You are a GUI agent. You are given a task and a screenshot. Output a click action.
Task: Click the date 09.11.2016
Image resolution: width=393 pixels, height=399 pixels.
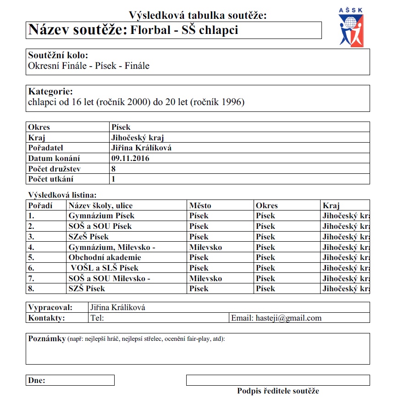(x=130, y=158)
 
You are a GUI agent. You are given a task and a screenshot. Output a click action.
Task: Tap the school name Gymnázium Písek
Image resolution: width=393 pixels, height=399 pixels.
(x=101, y=216)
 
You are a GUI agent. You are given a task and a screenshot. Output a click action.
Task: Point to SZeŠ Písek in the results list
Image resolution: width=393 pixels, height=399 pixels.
(x=89, y=237)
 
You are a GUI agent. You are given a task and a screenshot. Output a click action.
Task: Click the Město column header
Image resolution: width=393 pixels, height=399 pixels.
(x=200, y=205)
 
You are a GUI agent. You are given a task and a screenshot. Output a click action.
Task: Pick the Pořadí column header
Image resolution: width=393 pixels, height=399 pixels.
(x=40, y=205)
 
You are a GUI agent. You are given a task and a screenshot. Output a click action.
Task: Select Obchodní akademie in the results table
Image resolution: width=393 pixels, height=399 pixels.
(x=105, y=257)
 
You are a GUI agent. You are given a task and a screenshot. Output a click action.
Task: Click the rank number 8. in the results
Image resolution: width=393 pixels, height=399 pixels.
(x=31, y=288)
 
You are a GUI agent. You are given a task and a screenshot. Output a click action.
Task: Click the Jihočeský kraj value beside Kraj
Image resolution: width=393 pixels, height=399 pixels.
(x=138, y=138)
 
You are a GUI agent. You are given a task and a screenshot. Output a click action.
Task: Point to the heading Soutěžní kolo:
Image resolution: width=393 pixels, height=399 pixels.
(x=58, y=56)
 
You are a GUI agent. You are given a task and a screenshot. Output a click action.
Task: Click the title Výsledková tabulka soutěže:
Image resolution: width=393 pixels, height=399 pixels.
(x=198, y=16)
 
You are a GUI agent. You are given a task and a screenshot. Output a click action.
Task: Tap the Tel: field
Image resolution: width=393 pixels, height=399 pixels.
(x=98, y=318)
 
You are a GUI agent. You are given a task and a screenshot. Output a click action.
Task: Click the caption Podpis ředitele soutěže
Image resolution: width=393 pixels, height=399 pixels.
(x=278, y=391)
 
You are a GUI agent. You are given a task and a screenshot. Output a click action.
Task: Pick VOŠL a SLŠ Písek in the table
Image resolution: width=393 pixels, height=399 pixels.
(x=105, y=268)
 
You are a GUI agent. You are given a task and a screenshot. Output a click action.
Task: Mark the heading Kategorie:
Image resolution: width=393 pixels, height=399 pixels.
(x=50, y=91)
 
